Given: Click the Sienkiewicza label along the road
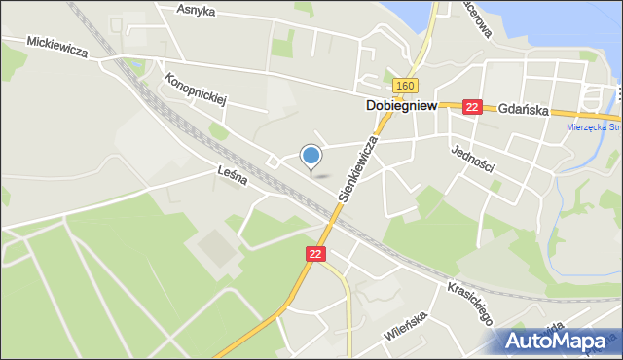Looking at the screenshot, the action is click(x=357, y=167).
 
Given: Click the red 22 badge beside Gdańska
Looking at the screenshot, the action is click(x=472, y=107).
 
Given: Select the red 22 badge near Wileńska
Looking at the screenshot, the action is click(x=313, y=253).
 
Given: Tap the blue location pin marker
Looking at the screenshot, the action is click(x=311, y=156).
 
